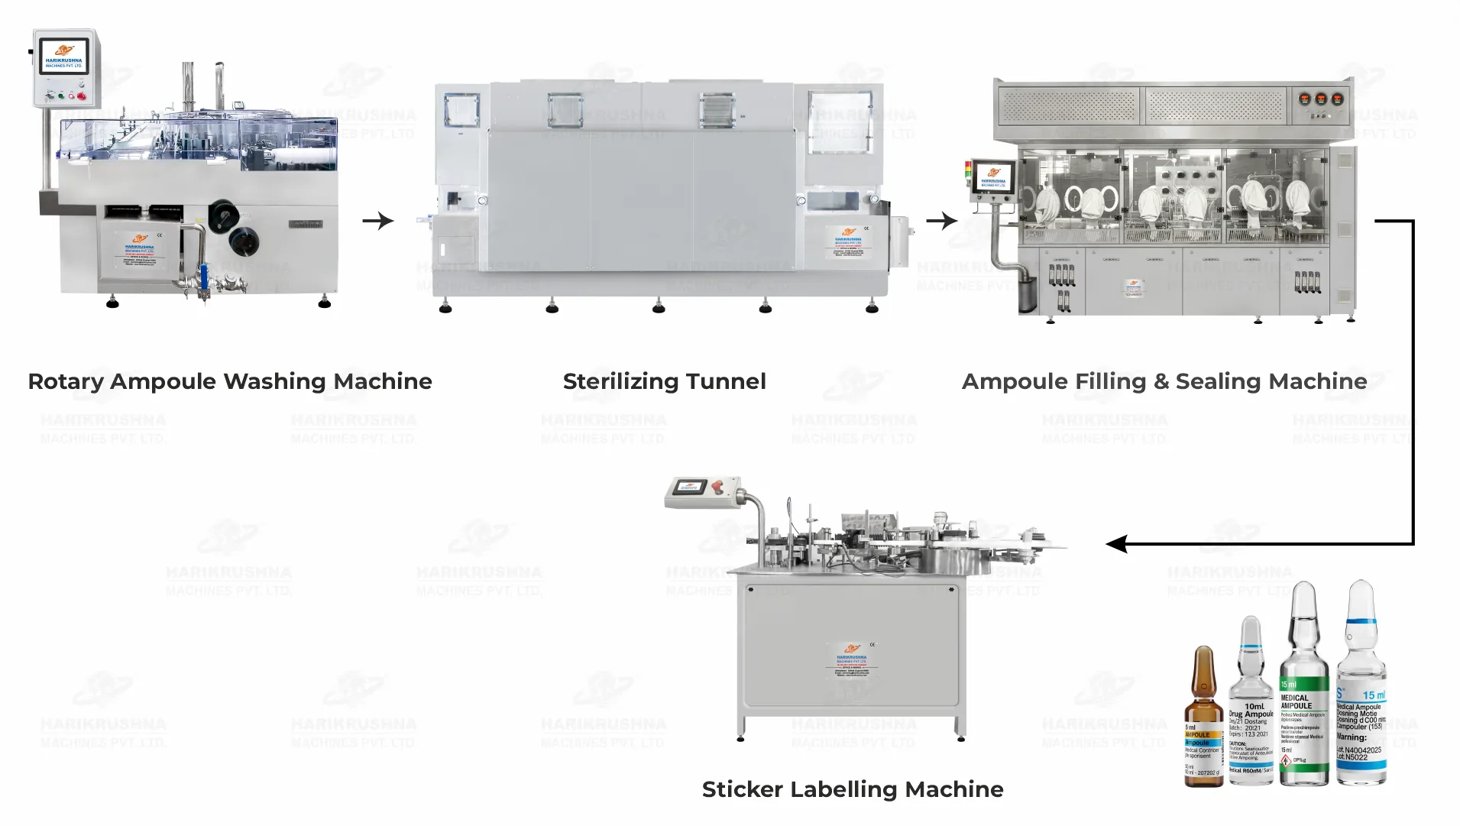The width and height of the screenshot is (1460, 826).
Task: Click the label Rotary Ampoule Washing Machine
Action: (x=229, y=381)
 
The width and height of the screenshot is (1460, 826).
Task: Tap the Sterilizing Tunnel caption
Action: (x=664, y=381)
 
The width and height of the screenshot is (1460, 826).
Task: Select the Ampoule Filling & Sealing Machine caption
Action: (x=1164, y=381)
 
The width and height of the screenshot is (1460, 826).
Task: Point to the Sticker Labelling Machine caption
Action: (x=853, y=789)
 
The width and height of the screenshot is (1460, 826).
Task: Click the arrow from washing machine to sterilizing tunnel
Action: (x=378, y=221)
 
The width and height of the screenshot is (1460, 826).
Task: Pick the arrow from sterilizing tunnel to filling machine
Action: (x=941, y=221)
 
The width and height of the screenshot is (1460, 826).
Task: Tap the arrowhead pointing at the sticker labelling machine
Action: (x=1117, y=544)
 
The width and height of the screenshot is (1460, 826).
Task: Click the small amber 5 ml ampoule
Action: (x=1203, y=718)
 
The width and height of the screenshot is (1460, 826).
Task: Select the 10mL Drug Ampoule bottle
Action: (x=1251, y=707)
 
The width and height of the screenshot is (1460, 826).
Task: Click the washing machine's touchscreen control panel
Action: (x=64, y=57)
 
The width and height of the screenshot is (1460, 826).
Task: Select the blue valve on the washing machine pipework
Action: (x=204, y=273)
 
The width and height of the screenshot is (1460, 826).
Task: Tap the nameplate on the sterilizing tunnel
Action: (x=848, y=243)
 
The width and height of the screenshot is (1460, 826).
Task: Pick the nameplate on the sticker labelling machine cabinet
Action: (x=851, y=662)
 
